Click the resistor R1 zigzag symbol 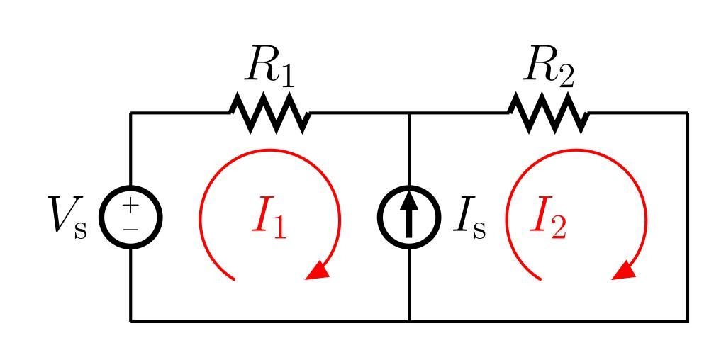click(269, 113)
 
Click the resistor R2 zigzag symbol click(548, 113)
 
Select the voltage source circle click(131, 217)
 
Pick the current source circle click(409, 217)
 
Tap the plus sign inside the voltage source click(131, 206)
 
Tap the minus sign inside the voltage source click(131, 229)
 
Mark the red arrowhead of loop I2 click(624, 270)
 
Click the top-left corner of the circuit click(131, 113)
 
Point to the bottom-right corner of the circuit click(687, 321)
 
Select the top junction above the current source click(409, 113)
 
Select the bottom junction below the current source click(409, 321)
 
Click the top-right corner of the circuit click(687, 113)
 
